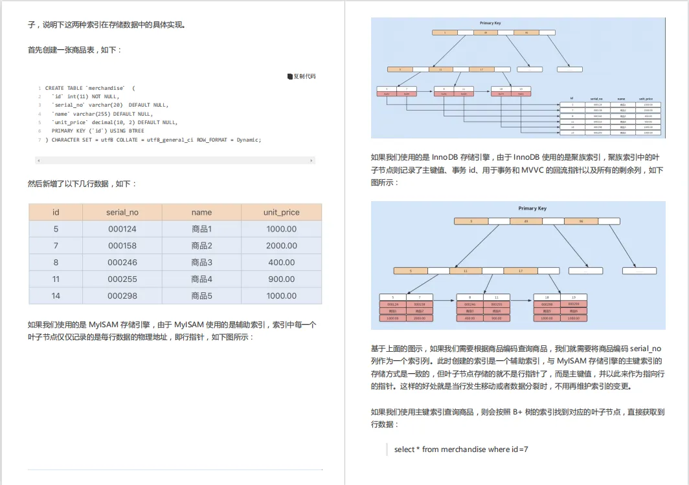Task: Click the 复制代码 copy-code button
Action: click(302, 76)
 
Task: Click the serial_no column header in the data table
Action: click(122, 212)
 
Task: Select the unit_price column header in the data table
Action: click(281, 212)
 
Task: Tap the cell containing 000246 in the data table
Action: click(122, 263)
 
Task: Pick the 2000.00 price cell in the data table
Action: click(281, 246)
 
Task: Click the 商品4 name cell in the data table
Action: click(201, 279)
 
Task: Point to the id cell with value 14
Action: click(56, 296)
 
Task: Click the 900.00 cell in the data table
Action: click(281, 279)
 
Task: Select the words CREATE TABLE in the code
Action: click(63, 88)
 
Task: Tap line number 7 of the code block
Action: click(39, 140)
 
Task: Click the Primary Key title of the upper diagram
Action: click(490, 23)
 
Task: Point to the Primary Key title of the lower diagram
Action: click(532, 208)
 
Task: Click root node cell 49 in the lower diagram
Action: click(526, 221)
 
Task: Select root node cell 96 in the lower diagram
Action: click(580, 221)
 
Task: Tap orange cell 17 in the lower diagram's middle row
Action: click(521, 271)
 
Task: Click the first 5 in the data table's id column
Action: click(56, 229)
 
